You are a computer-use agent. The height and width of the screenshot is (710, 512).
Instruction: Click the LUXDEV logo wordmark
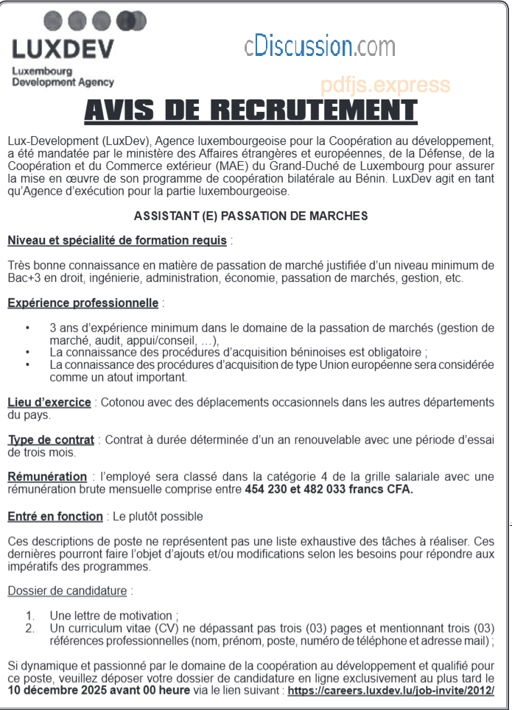coord(63,49)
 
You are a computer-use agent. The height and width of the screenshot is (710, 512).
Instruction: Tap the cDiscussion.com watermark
coord(320,46)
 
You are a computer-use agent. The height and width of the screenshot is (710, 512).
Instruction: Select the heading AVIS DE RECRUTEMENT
coord(250,112)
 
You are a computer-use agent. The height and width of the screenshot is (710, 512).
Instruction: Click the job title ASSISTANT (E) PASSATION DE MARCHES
coord(250,217)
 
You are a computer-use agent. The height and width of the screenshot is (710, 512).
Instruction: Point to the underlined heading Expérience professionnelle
coord(83,303)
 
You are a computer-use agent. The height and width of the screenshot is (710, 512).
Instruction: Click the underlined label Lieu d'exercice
coord(49,402)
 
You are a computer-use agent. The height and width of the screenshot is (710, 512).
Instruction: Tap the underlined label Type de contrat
coord(51,440)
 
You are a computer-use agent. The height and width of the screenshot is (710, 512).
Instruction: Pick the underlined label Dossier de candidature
coord(68,591)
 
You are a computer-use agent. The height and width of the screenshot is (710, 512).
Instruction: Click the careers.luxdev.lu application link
coord(390,691)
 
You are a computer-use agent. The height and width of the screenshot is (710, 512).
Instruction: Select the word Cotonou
coord(122,403)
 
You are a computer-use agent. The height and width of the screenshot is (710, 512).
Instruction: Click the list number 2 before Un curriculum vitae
coord(29,628)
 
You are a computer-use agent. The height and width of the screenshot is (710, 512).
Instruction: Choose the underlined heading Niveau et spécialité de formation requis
coord(117,240)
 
